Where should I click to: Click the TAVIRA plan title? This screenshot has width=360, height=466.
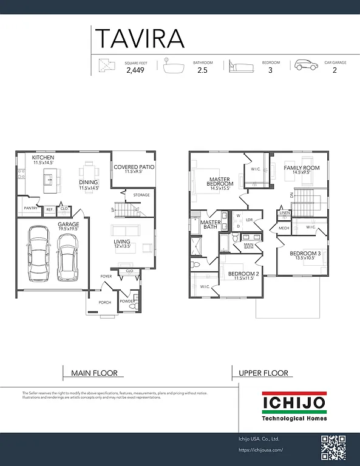[x=139, y=38]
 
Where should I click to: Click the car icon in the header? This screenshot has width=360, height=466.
[x=305, y=66]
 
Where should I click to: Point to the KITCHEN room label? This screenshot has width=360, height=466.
[x=43, y=157]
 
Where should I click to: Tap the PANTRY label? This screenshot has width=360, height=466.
[x=30, y=208]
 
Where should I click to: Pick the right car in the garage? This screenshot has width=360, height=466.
[x=67, y=257]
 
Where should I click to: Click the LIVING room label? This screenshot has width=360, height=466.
[x=122, y=241]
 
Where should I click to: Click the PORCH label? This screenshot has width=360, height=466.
[x=105, y=303]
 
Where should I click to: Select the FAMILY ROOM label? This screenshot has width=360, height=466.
[x=301, y=167]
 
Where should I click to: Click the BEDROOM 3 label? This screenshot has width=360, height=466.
[x=305, y=253]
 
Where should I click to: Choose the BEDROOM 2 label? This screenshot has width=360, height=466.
[x=243, y=274]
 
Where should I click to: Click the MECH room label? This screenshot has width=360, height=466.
[x=284, y=228]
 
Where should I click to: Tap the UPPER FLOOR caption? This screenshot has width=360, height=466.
[x=263, y=373]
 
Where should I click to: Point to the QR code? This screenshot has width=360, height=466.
[x=333, y=448]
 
